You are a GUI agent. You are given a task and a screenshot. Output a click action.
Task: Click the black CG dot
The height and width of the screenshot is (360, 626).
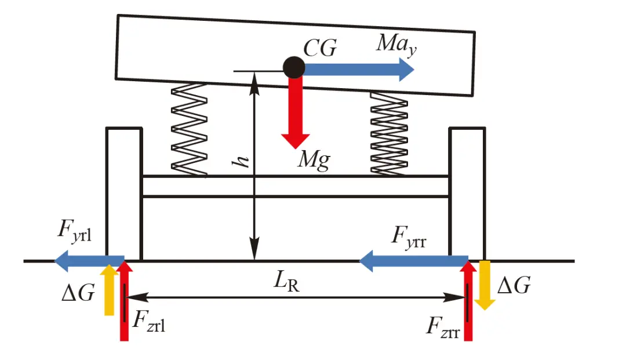(x=294, y=68)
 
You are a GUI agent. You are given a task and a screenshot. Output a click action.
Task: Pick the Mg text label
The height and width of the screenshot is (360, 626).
(x=314, y=159)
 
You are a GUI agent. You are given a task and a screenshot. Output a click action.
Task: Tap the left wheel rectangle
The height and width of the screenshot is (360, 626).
(x=123, y=194)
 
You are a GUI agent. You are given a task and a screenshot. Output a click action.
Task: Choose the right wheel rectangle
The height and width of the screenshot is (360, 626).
(x=467, y=194)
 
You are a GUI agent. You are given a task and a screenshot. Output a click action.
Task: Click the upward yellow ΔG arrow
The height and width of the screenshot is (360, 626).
(x=108, y=290)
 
